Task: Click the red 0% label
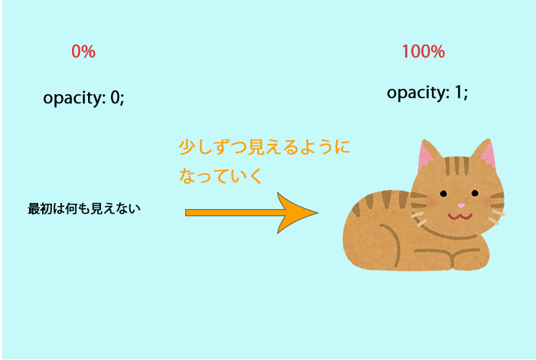pos(83,51)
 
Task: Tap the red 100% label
pos(423,51)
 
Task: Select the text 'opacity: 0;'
pos(83,99)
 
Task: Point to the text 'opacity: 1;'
pos(427,93)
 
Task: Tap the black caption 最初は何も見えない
pos(84,208)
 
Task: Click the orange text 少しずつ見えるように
pos(264,147)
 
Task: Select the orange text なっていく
pos(221,175)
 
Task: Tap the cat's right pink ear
pos(489,155)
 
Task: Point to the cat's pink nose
pos(461,205)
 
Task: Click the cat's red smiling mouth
pos(460,217)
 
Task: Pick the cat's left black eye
pos(443,194)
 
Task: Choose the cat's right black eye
pos(475,193)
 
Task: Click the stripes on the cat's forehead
pos(456,165)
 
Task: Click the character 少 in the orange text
pos(187,147)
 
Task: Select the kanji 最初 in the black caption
pos(40,208)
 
